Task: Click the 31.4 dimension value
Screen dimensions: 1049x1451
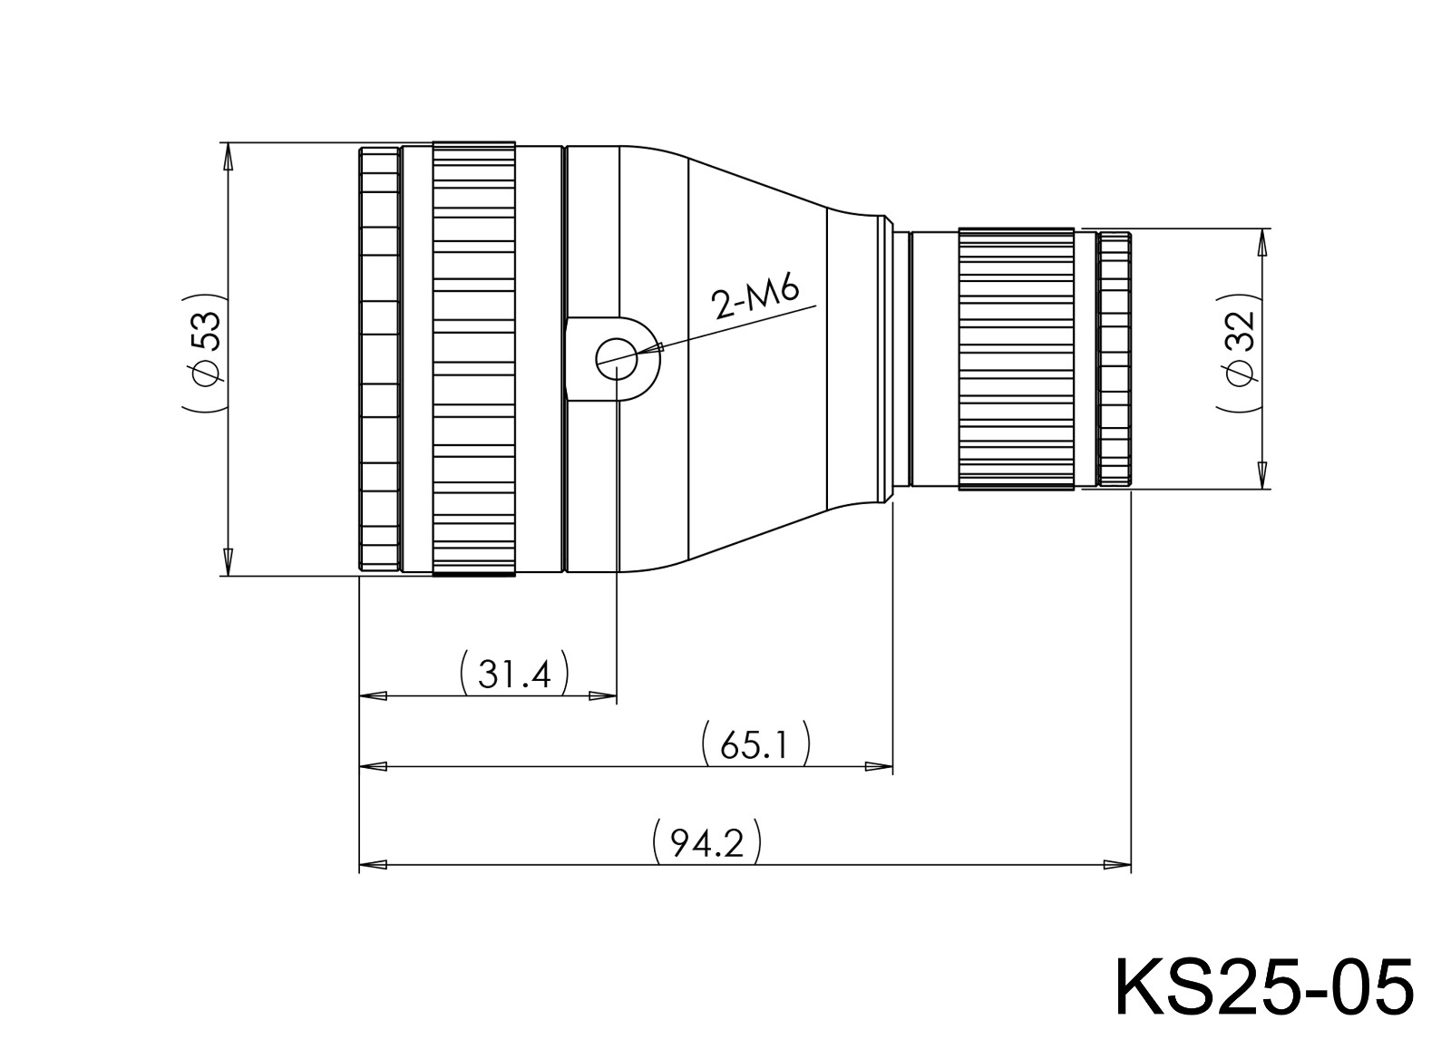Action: point(514,674)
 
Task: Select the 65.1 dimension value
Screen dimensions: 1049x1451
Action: point(755,745)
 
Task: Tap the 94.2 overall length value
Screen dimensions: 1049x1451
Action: point(706,843)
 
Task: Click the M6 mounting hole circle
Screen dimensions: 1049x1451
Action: point(617,359)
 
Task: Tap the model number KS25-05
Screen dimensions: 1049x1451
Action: point(1262,986)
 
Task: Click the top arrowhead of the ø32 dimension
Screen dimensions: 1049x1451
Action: point(1261,241)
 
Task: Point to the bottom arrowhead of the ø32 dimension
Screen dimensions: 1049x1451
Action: point(1261,475)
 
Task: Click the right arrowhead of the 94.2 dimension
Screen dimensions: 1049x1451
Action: point(1117,864)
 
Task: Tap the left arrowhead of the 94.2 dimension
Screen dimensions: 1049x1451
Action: point(374,864)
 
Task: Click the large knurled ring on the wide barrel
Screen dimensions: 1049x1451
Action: point(474,359)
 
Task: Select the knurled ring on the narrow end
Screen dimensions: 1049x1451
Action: point(1016,359)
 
